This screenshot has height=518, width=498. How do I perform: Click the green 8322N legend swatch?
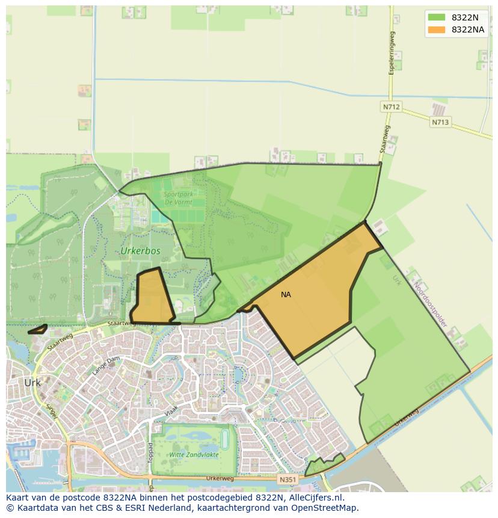tap(437, 17)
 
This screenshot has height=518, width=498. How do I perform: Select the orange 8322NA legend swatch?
tap(437, 29)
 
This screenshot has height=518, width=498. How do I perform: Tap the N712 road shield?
tap(391, 107)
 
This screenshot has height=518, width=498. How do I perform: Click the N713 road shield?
tap(440, 122)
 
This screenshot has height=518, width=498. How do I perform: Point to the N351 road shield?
tap(287, 479)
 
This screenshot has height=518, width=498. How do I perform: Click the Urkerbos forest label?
tap(141, 250)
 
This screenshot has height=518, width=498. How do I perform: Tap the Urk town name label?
tap(32, 383)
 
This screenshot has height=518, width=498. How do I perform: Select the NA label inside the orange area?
tap(286, 295)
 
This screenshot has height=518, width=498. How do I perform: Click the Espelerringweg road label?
tap(392, 53)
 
